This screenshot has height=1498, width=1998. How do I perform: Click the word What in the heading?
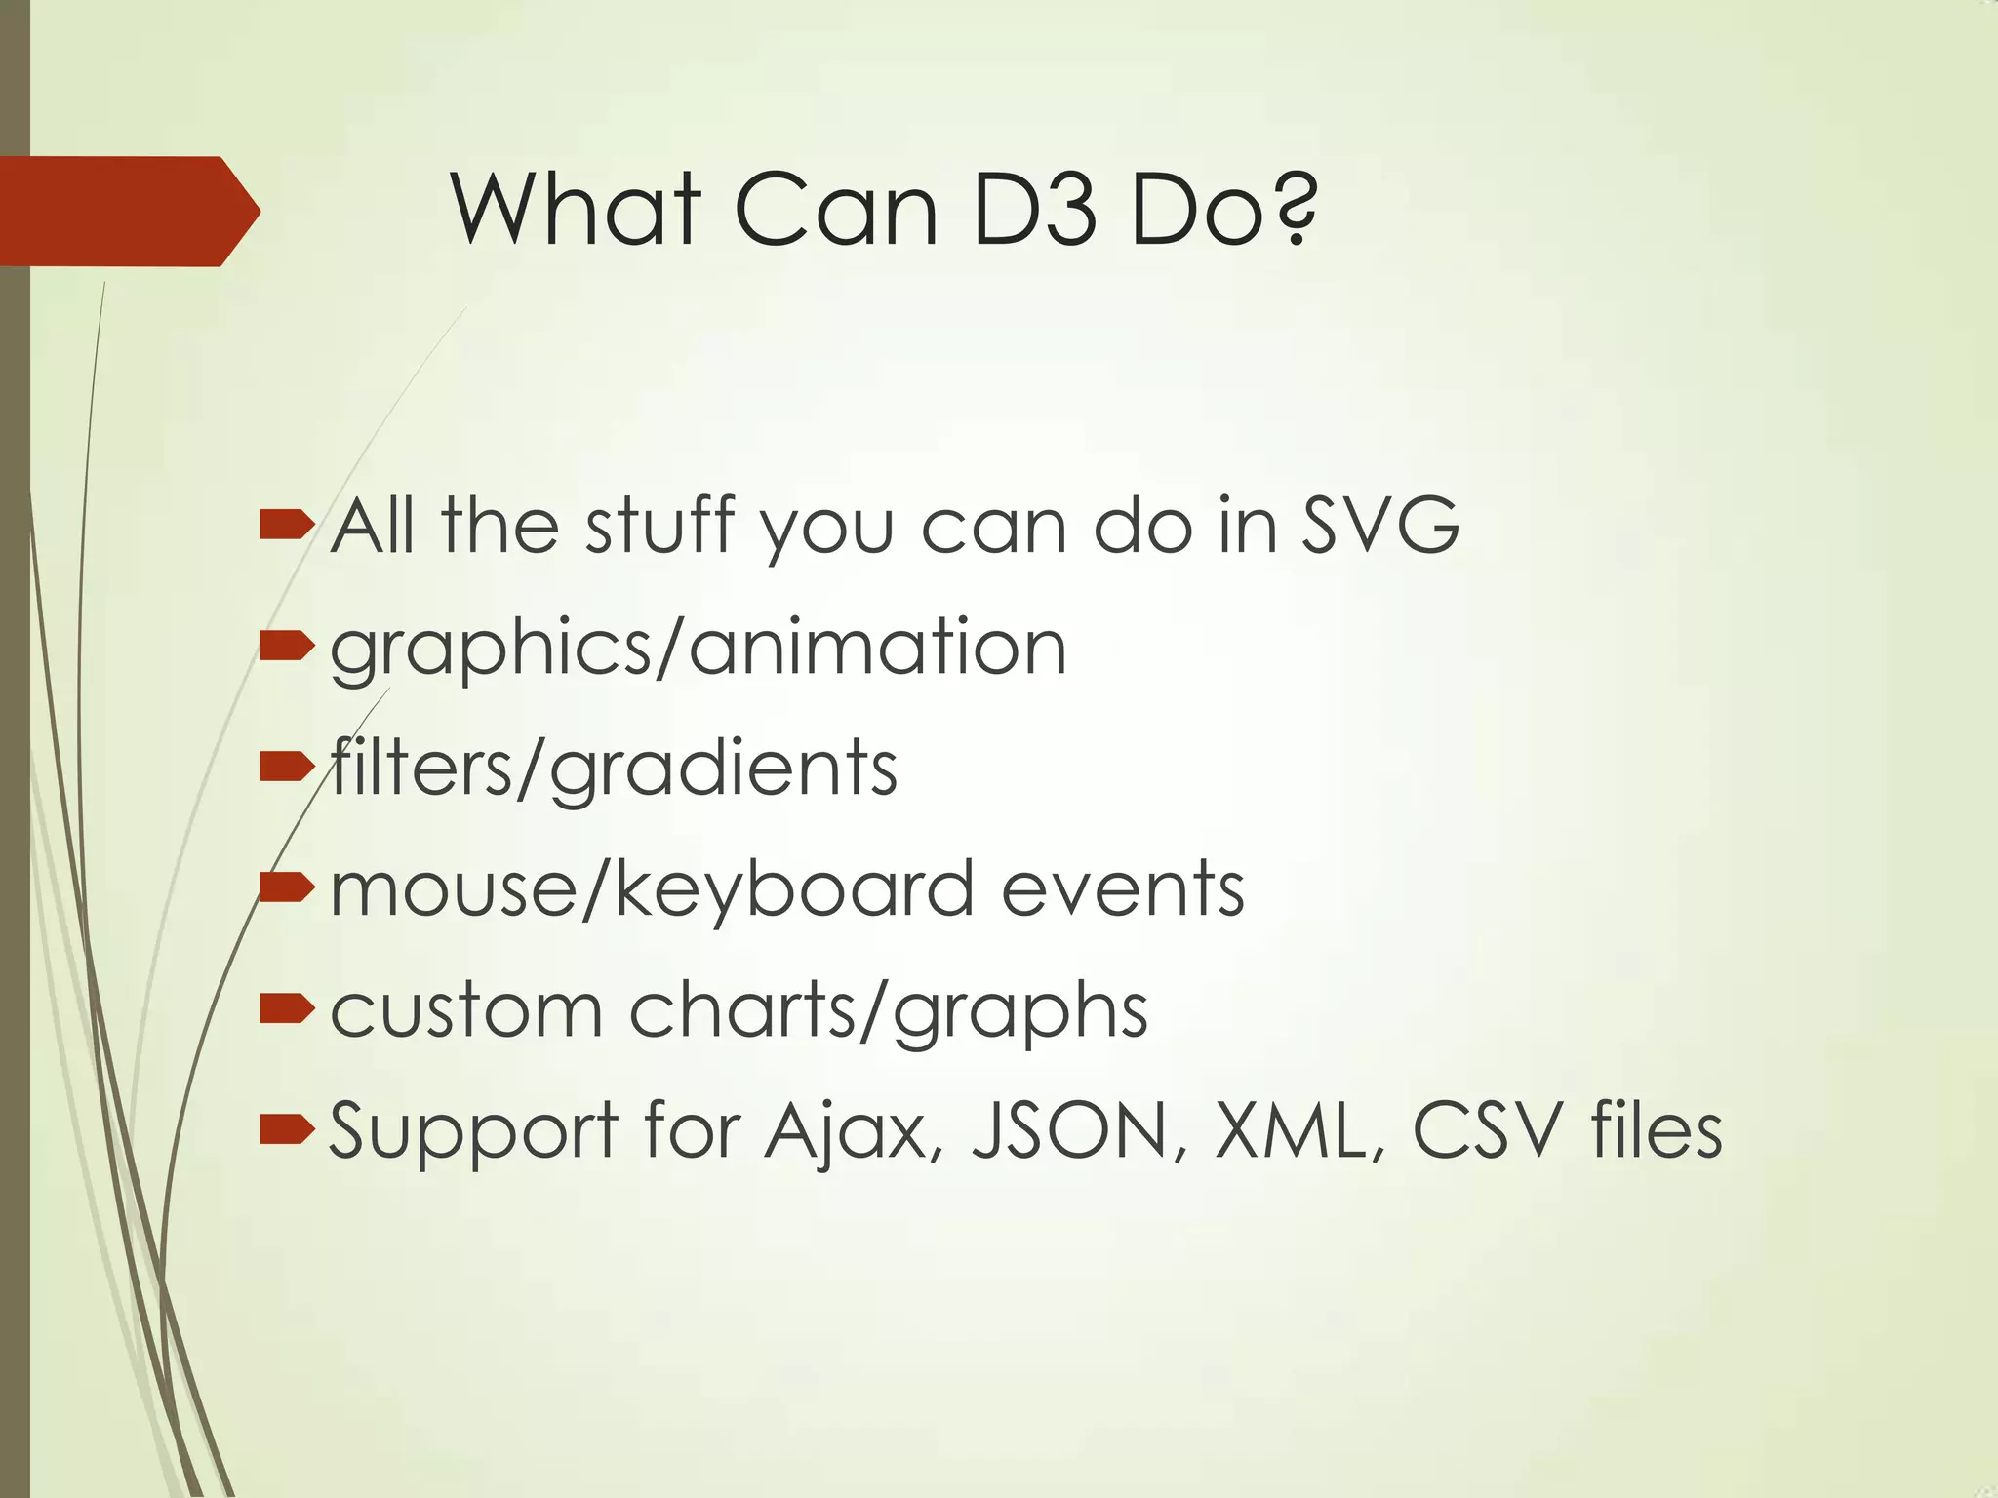[577, 210]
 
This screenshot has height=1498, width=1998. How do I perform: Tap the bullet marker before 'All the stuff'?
[287, 527]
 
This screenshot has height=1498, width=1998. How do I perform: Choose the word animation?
[879, 648]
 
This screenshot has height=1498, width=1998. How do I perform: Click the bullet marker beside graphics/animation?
[287, 647]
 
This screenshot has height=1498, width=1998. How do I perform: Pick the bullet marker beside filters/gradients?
[287, 768]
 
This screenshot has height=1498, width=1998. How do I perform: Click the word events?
[1123, 889]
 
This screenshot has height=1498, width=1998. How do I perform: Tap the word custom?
[466, 1010]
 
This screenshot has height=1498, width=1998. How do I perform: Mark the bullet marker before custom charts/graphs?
[287, 1009]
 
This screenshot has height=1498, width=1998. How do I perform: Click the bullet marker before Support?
[287, 1130]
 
